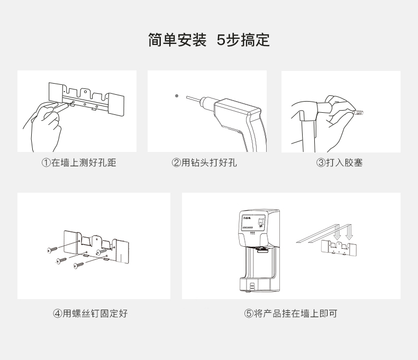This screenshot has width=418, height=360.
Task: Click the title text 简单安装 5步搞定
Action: (x=208, y=40)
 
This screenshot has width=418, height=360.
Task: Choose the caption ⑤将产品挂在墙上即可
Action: (x=290, y=313)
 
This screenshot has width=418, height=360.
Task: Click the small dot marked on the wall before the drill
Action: (x=177, y=96)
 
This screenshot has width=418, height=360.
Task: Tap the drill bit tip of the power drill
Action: (x=189, y=97)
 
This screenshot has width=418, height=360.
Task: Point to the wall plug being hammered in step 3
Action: (x=359, y=113)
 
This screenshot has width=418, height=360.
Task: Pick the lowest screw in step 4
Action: (x=78, y=264)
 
